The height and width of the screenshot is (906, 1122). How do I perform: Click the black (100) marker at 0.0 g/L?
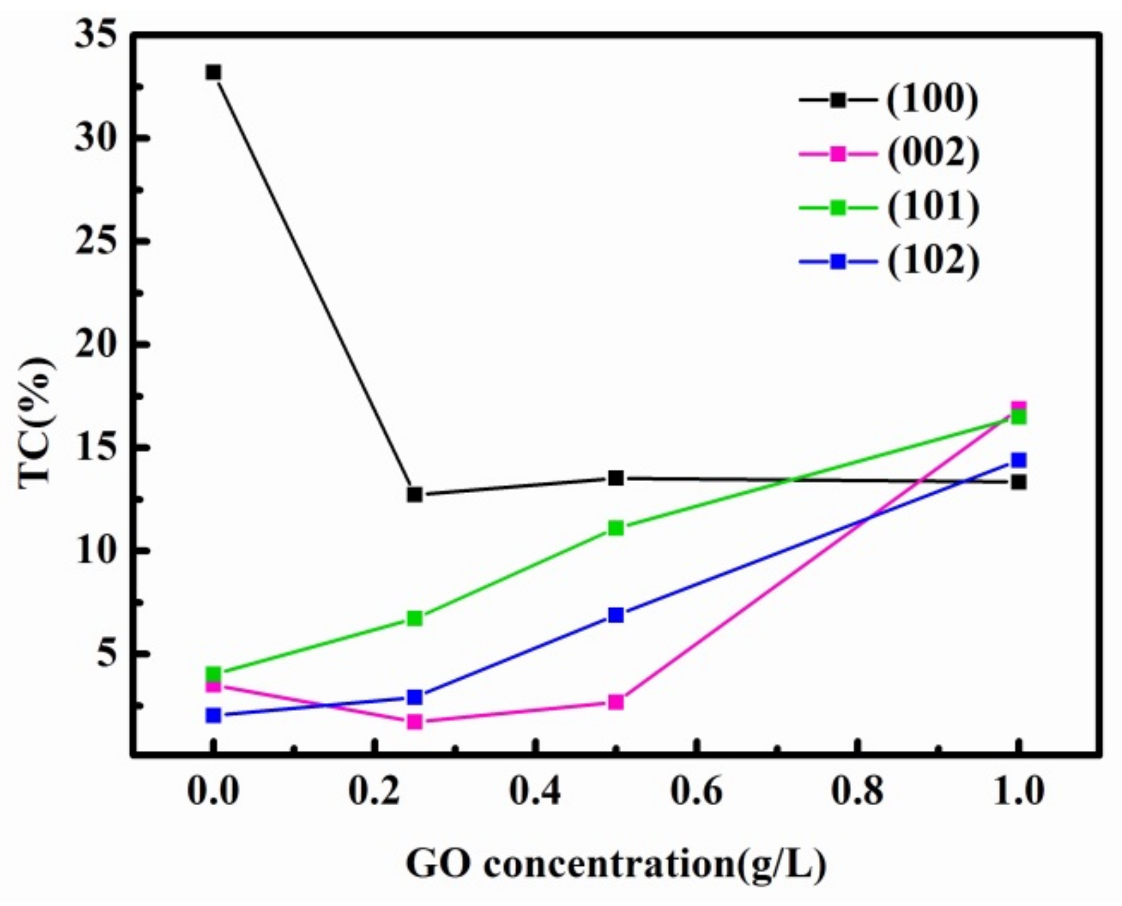coord(213,72)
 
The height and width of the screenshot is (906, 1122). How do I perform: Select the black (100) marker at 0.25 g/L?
coord(415,495)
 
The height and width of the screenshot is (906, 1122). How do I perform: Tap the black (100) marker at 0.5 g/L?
coord(616,478)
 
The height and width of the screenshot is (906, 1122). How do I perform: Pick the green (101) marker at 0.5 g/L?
coord(616,528)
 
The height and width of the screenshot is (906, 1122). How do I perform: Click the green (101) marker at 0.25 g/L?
coord(415,619)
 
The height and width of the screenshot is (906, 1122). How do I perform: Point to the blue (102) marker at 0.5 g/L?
coord(616,615)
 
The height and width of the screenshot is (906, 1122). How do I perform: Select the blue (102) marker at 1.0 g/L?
coord(1018,460)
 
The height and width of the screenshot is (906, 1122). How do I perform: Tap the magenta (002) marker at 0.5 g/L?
coord(616,702)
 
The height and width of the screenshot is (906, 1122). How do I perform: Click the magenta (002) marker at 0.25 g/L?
coord(415,722)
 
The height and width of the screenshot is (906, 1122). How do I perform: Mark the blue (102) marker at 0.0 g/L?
coord(213,716)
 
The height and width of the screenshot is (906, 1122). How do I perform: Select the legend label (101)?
coord(933,208)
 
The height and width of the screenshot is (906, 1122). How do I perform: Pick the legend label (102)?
coord(933,261)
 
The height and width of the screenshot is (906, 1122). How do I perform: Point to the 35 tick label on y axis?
coord(96,35)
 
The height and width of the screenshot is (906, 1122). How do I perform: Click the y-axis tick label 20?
coord(96,344)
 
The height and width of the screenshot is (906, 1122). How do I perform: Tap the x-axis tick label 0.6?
coord(696,791)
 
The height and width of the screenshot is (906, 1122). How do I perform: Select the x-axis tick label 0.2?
coord(374,791)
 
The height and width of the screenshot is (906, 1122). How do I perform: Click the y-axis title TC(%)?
coord(37,423)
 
